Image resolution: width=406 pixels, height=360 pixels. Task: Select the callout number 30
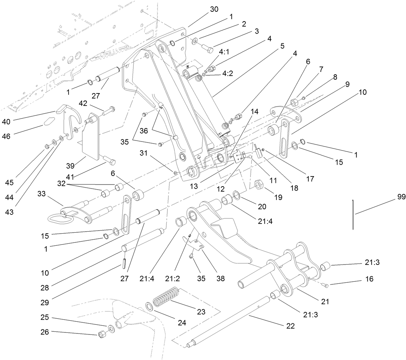point(214,9)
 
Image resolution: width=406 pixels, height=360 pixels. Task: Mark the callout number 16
point(369,279)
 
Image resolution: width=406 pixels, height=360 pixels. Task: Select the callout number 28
point(45,288)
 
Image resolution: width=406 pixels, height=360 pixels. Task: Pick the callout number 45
point(9,183)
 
